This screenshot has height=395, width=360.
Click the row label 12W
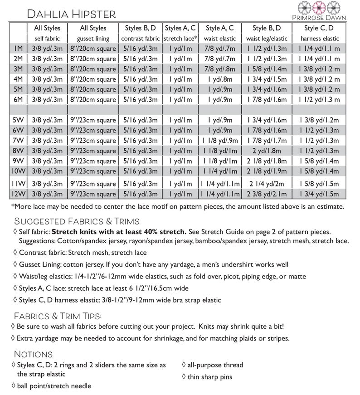(18, 194)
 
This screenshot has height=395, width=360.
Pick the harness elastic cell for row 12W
(319, 194)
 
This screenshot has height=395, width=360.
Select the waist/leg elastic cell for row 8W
(267, 151)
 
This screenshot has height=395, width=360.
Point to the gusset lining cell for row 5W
(93, 120)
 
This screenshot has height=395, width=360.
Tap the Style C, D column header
(319, 28)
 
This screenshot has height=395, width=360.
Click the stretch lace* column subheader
(180, 39)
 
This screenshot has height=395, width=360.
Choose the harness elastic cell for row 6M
(319, 100)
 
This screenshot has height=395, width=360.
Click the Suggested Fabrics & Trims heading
(77, 221)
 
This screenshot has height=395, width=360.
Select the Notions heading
(34, 354)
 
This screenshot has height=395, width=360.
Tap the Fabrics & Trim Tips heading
(58, 315)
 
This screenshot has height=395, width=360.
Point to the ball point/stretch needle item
(54, 386)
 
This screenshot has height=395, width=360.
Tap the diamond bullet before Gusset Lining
(16, 264)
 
